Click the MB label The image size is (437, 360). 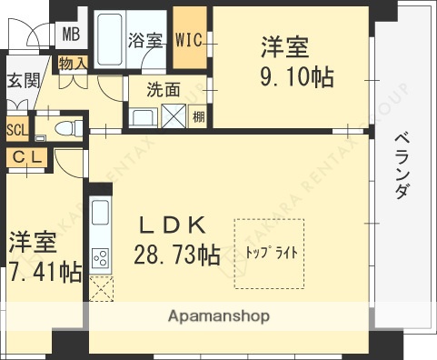(x=70, y=35)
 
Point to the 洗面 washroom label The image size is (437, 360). (x=164, y=90)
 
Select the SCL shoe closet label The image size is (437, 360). (x=16, y=128)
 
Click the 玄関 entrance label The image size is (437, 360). (x=24, y=80)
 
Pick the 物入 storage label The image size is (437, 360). (x=72, y=63)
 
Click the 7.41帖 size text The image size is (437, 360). (x=44, y=272)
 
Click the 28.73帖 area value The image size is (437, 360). (x=177, y=255)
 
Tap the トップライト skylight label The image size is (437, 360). (x=271, y=252)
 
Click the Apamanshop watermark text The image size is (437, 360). (x=218, y=317)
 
